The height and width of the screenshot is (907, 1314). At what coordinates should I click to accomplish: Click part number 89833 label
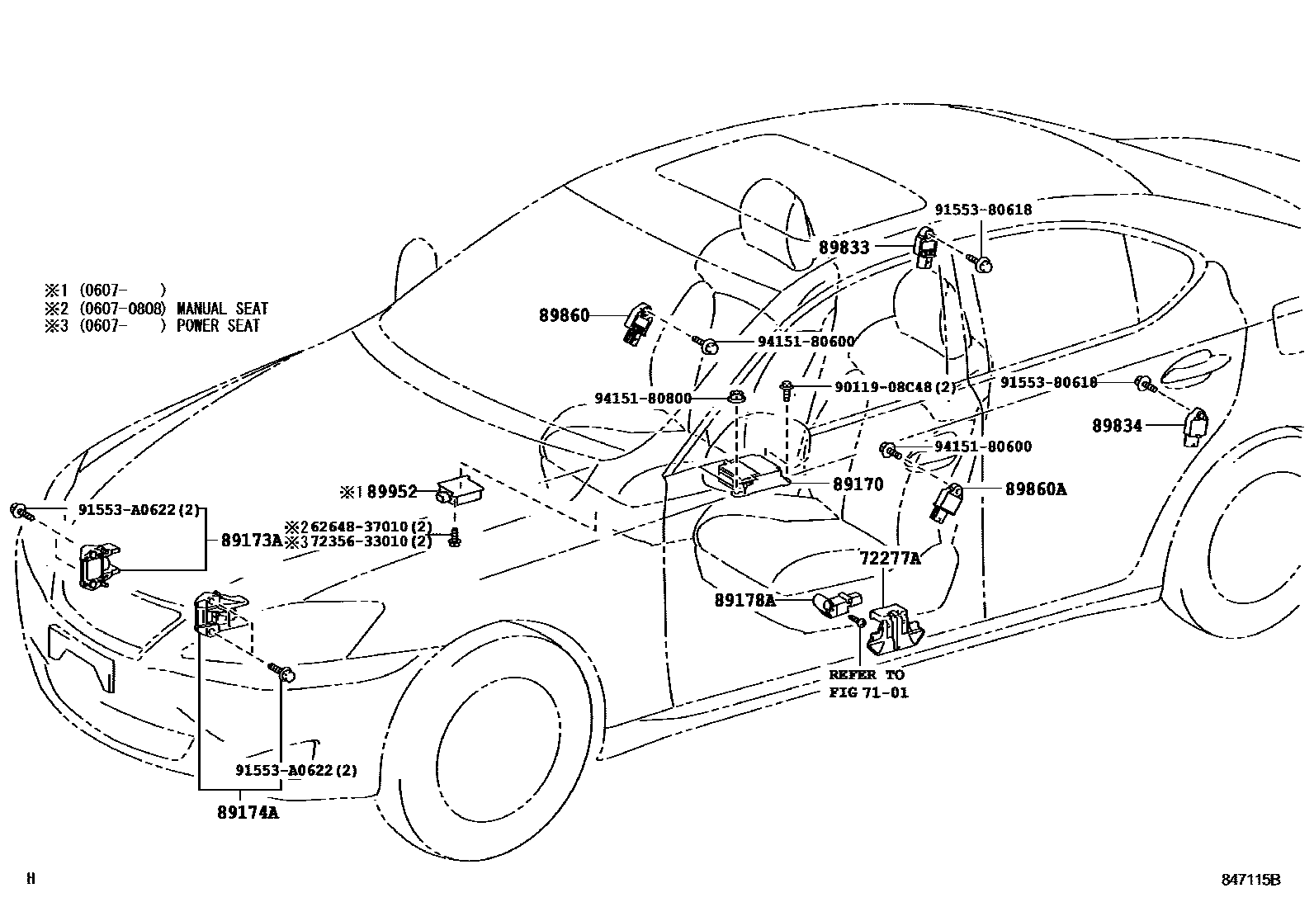(x=844, y=247)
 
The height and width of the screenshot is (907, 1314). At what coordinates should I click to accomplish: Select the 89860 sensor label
(x=564, y=315)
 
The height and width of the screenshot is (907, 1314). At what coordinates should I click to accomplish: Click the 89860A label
(x=1035, y=489)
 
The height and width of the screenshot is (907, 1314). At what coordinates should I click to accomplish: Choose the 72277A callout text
(x=890, y=558)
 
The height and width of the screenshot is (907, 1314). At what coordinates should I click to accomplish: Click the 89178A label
(x=744, y=601)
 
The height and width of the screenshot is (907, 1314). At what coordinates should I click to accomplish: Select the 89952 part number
(x=392, y=492)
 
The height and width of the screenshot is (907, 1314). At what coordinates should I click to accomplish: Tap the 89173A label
(x=251, y=541)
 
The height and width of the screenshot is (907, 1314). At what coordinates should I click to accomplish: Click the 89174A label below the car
(x=248, y=812)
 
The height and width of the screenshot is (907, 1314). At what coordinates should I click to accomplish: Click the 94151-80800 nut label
(x=642, y=398)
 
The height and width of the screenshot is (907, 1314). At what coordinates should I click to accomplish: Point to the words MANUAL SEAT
(x=222, y=309)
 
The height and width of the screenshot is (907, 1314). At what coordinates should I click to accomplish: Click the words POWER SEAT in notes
(x=218, y=326)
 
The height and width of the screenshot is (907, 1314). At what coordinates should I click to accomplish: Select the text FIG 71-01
(x=868, y=692)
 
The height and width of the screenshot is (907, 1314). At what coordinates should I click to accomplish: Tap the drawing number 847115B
(x=1250, y=880)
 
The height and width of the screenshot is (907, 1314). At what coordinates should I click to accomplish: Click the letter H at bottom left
(x=31, y=879)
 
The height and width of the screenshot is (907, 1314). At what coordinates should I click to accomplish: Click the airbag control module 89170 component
(x=743, y=476)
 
